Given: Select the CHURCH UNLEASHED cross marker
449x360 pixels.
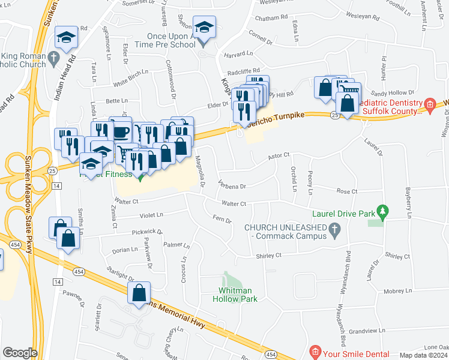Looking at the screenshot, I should pos(336,229).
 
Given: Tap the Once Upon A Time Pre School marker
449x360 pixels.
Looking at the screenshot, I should pos(204,29).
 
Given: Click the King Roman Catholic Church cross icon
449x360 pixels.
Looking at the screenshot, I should pos(53,58).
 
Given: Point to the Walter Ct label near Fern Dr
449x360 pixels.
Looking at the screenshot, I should pos(234,204).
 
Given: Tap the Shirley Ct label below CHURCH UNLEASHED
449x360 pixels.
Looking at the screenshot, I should pos(269,256).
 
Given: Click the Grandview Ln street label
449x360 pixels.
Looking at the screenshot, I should pos(371,331).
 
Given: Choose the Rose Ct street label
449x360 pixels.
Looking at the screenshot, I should pos(347,191).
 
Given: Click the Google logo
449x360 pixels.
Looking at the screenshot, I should pos(20,353).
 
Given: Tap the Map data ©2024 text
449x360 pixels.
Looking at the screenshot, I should pos(424,355).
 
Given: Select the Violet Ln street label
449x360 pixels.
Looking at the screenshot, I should pos(151,215).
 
